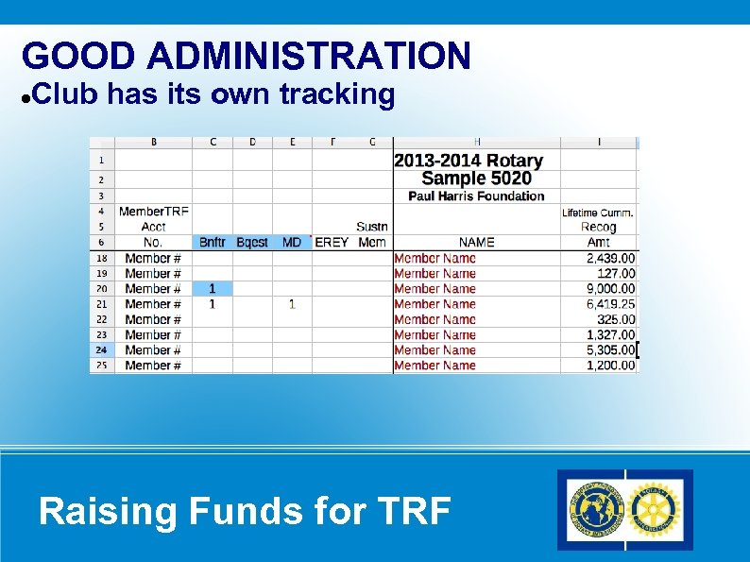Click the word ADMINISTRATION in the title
(309, 57)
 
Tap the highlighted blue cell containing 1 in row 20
(213, 289)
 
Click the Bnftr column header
(213, 243)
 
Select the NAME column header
(476, 243)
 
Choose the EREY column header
(332, 243)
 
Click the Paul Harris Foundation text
(476, 196)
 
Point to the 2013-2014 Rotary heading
(469, 161)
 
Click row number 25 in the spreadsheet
(101, 366)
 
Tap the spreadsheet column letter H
(476, 143)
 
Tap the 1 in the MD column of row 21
(292, 304)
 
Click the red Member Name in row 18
(435, 258)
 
